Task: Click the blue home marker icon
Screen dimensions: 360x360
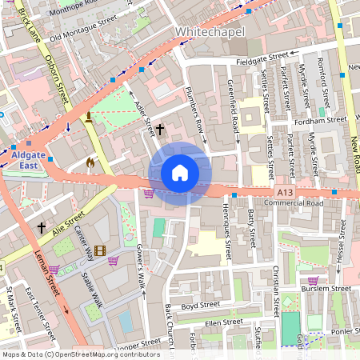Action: click(x=180, y=172)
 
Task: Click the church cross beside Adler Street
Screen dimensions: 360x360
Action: click(x=160, y=129)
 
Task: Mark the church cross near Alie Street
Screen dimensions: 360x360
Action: click(x=42, y=228)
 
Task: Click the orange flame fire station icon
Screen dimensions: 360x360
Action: click(x=90, y=162)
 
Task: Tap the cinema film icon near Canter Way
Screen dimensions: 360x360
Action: click(x=99, y=251)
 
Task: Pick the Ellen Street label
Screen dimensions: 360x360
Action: click(x=223, y=322)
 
